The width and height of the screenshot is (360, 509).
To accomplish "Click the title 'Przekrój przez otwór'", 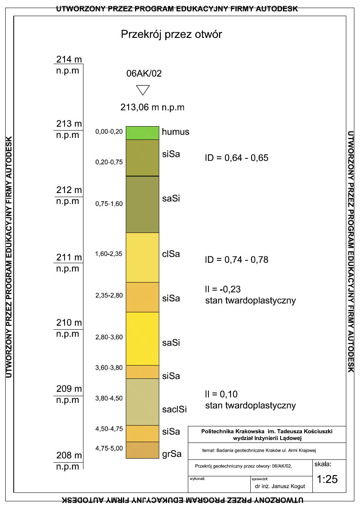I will [171, 35].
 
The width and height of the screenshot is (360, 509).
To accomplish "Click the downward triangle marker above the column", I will [143, 89].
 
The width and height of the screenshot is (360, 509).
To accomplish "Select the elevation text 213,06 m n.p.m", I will [152, 107].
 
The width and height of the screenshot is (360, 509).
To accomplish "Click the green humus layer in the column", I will [142, 133].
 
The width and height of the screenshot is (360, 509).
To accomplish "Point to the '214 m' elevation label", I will [69, 60].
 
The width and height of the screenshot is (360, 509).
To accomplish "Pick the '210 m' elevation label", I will [69, 323].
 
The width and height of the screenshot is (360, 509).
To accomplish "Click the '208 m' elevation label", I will [69, 456].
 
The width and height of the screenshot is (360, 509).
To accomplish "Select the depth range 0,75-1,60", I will [109, 204].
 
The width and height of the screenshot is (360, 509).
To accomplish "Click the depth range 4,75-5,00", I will [109, 448].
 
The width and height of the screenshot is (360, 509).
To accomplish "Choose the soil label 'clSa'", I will [171, 254].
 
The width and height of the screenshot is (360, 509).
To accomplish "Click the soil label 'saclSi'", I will [174, 410].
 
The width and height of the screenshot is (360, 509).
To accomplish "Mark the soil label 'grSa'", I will [172, 454].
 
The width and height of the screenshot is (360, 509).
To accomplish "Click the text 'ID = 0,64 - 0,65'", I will [237, 158].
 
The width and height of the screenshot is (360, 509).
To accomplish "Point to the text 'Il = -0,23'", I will [226, 289].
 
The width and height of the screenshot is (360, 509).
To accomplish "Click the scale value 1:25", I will [327, 480].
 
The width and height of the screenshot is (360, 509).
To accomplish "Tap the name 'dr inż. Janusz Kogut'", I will [278, 486].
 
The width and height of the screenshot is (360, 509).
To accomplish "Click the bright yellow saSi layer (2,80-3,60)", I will [142, 339].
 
